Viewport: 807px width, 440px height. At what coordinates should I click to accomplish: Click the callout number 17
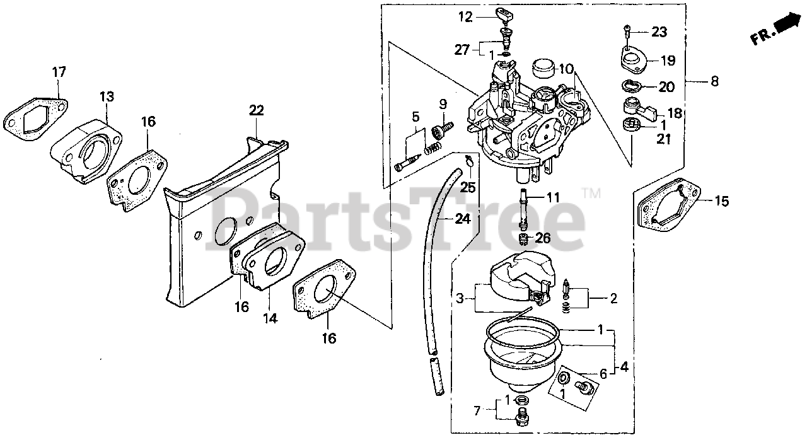click(59, 73)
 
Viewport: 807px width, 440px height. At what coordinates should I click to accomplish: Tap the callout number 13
click(107, 96)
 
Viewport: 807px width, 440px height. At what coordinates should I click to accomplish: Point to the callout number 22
click(255, 110)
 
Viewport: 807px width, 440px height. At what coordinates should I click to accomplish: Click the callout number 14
click(270, 319)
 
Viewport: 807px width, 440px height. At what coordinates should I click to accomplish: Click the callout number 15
click(721, 202)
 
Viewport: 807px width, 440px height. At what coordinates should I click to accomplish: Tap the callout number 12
click(465, 18)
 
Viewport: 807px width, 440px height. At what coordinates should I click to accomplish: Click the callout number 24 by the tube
click(463, 219)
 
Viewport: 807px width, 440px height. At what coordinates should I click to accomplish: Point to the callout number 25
click(467, 187)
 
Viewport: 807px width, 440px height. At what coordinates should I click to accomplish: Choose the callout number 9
click(443, 103)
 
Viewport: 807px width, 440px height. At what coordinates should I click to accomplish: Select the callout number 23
click(658, 32)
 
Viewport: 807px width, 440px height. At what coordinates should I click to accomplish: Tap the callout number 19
click(668, 61)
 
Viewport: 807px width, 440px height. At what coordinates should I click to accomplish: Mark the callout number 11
click(552, 198)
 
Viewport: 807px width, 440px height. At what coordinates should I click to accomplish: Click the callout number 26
click(543, 238)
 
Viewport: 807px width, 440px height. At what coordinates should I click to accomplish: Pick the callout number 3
click(461, 298)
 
